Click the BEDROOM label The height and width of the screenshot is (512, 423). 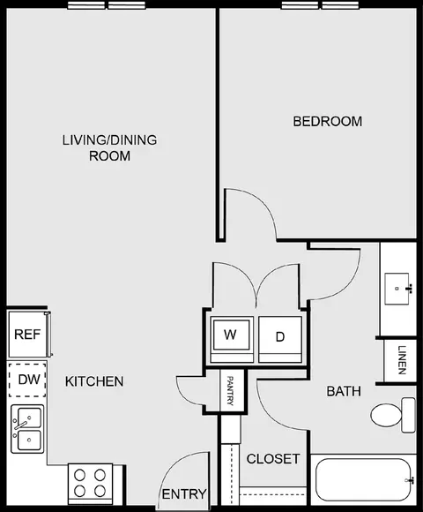click(x=327, y=121)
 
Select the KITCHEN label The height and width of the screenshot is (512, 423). click(x=94, y=381)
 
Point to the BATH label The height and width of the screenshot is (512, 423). click(x=344, y=391)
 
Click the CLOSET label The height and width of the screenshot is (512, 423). click(x=272, y=459)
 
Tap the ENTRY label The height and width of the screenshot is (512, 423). click(x=183, y=493)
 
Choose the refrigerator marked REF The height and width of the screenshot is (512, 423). click(x=26, y=335)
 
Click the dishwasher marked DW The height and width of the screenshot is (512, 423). click(x=26, y=380)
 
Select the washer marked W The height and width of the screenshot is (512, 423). click(x=231, y=335)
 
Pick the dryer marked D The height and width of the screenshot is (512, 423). click(x=280, y=335)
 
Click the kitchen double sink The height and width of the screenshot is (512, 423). click(x=27, y=429)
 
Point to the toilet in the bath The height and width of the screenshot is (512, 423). click(x=392, y=414)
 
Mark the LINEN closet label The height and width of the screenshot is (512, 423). click(x=401, y=360)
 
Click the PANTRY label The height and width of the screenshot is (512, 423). click(x=231, y=390)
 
